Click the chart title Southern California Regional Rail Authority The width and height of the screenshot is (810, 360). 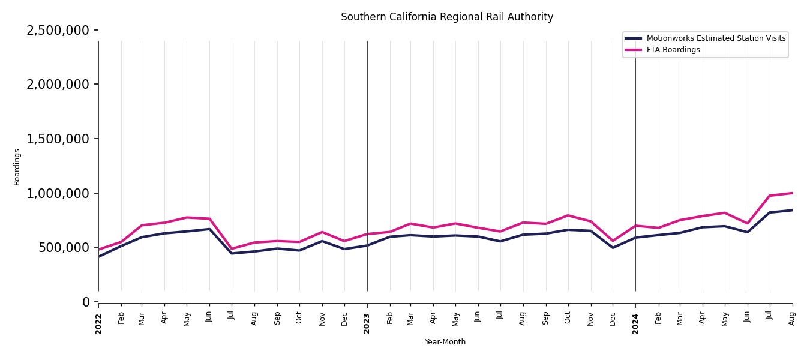[x=447, y=17]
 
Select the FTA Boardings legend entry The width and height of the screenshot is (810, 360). [x=673, y=50]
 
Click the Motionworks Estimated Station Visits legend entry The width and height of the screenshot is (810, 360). [x=715, y=38]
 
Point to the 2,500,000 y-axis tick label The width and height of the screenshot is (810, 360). [x=58, y=30]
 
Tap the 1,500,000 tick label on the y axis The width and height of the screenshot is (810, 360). [x=58, y=139]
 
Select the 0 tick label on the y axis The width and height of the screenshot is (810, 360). [x=86, y=302]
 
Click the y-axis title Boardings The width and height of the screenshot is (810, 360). [x=17, y=167]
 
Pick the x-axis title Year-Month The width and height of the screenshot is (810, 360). [x=445, y=342]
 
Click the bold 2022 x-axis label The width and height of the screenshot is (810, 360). [x=98, y=323]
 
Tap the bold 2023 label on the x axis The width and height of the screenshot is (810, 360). [x=367, y=323]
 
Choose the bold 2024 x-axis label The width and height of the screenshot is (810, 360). [x=635, y=323]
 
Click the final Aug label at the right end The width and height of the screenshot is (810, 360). [x=792, y=318]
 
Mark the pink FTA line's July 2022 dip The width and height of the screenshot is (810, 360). [x=232, y=248]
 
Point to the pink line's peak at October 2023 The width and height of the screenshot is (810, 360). [x=568, y=215]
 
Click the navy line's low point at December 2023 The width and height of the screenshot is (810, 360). [x=613, y=247]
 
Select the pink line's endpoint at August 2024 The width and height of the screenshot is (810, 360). [x=792, y=193]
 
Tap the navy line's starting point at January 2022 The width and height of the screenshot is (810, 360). [x=99, y=257]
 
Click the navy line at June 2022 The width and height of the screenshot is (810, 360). [x=209, y=229]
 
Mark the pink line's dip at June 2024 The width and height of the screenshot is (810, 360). [x=747, y=223]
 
